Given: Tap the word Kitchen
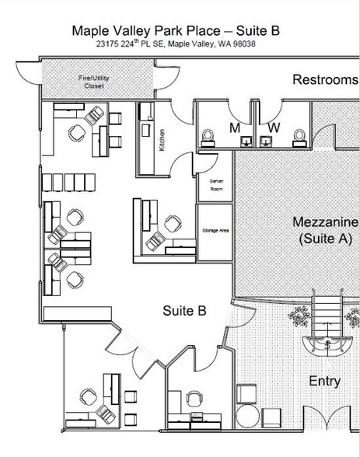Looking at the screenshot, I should click(163, 141).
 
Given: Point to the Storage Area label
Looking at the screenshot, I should click(215, 230).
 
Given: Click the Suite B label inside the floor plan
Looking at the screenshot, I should click(184, 311).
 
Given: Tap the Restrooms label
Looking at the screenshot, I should click(324, 80).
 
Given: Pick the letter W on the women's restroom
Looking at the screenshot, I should click(274, 127).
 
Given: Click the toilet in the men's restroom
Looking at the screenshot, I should click(208, 138).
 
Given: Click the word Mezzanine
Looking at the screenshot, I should click(324, 222).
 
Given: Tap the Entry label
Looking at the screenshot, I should click(325, 381).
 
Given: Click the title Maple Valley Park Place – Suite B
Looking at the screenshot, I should click(176, 31).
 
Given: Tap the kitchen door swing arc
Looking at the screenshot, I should click(184, 163).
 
